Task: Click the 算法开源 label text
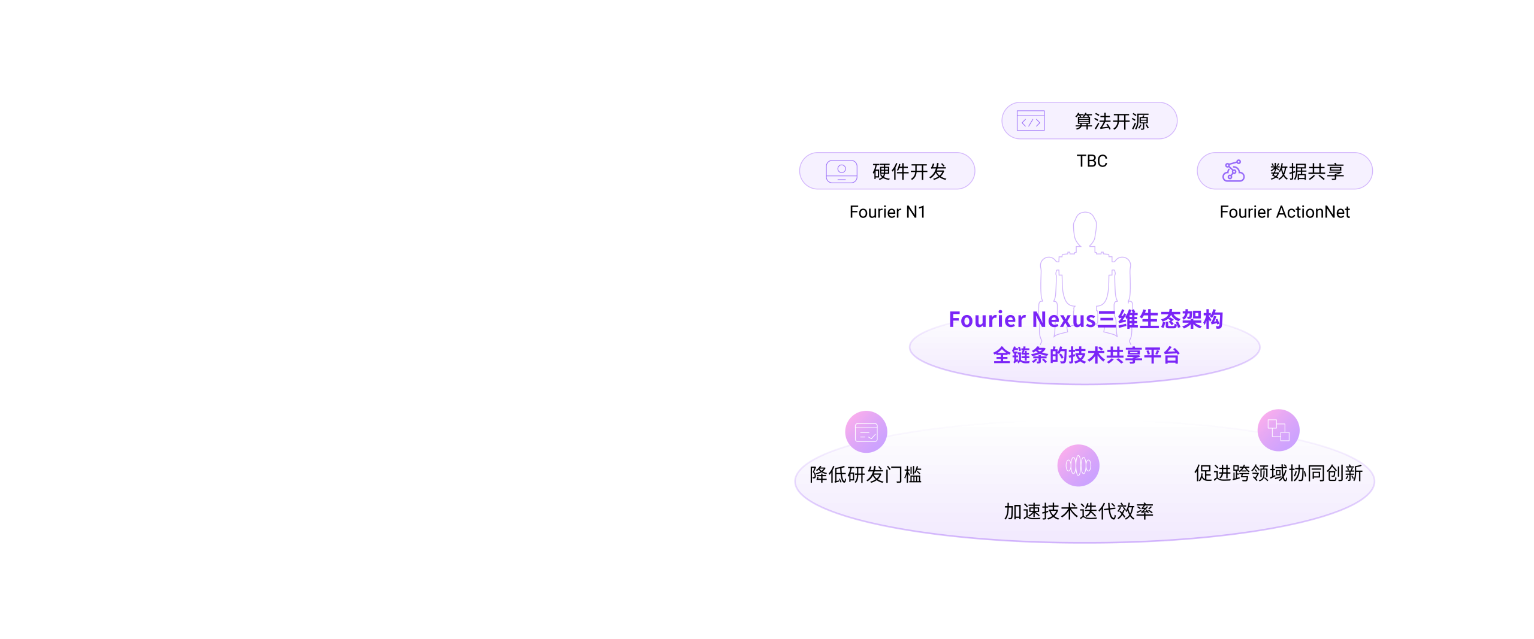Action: [1112, 122]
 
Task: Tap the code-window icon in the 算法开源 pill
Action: [1031, 121]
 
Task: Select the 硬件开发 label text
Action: [909, 172]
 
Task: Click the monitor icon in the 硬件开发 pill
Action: [841, 171]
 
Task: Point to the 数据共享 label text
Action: [1307, 172]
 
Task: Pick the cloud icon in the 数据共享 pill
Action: [1234, 171]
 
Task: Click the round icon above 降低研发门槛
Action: [866, 431]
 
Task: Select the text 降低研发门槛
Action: [865, 475]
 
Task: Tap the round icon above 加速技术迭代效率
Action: [1078, 465]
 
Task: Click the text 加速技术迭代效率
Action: [1079, 511]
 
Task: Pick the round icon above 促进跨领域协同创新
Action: [1278, 430]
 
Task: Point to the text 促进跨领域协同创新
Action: [1278, 473]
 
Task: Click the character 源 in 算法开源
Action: [1140, 122]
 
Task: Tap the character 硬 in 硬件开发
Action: [881, 172]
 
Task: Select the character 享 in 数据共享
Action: [1335, 172]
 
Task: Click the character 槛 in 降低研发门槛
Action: [913, 475]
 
